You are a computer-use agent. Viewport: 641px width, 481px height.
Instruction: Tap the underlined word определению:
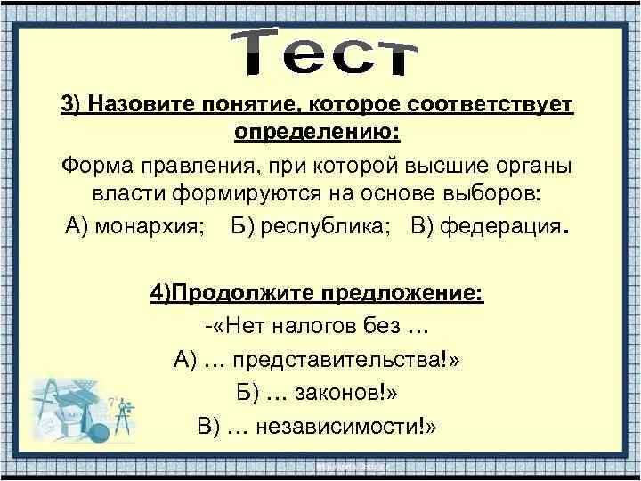coord(317,133)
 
